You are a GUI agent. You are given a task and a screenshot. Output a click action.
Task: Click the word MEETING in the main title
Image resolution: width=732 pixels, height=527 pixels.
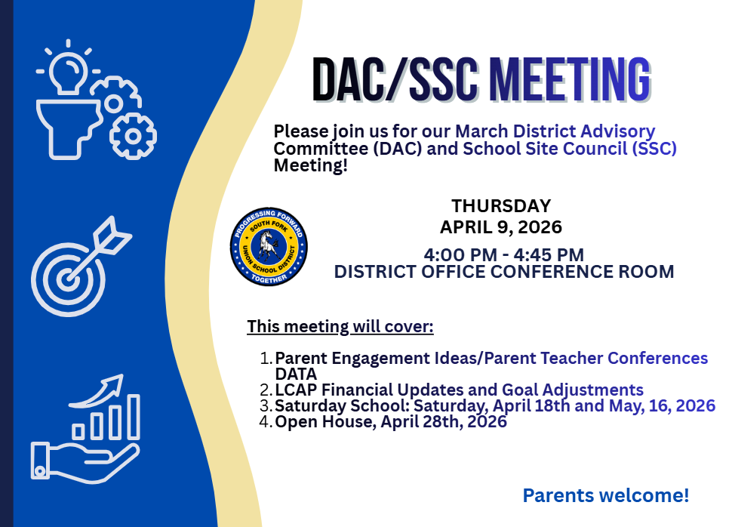pos(569,79)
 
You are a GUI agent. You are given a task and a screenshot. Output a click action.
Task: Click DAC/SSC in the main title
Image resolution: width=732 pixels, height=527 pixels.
pos(396,79)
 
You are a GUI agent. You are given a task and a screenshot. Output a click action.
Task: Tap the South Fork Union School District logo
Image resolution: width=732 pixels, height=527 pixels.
pos(269,247)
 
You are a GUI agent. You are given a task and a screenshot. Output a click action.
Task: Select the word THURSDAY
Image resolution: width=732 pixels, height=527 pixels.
pos(501,206)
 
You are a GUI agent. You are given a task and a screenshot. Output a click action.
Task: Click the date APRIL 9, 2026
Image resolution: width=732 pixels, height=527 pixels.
pos(501,227)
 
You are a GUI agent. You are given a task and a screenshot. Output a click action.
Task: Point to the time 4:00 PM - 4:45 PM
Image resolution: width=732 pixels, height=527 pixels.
pos(503,254)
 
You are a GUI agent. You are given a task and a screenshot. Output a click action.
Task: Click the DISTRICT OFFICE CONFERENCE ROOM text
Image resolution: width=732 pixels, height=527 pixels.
pos(504,272)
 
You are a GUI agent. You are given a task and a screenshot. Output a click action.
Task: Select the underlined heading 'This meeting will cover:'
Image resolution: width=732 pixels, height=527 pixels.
pos(340,327)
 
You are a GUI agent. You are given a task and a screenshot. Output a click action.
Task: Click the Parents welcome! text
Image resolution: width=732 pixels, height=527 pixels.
pos(606,496)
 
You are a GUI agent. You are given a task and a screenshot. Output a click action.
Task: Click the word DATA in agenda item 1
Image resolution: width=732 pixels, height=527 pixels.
pos(296,374)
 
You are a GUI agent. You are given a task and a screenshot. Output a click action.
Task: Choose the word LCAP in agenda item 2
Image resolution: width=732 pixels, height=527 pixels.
pos(294,390)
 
